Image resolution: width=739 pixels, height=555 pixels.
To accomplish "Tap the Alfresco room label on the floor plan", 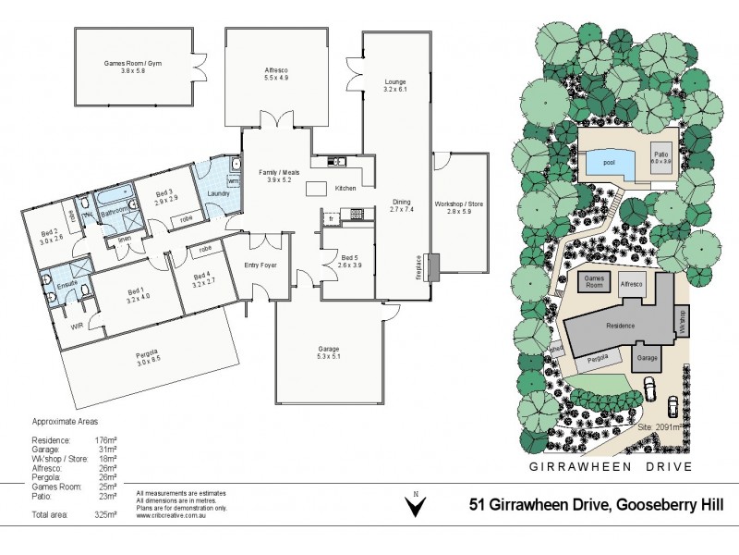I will (277, 73).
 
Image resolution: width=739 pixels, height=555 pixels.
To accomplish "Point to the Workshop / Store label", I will (459, 205).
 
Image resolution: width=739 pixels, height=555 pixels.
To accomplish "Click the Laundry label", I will (218, 193).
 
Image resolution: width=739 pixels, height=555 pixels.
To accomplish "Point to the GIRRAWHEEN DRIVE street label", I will (609, 466).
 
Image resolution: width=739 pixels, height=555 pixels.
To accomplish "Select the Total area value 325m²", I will (104, 513).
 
